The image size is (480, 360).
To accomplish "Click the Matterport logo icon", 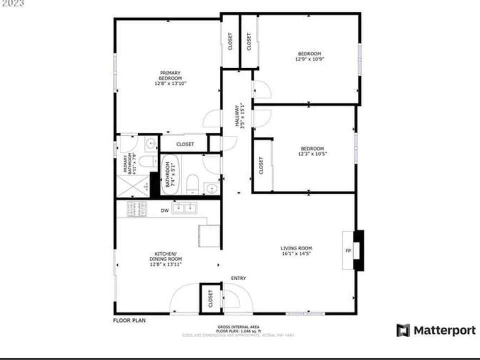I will click(x=403, y=330).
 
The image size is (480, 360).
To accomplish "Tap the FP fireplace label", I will click(x=348, y=250).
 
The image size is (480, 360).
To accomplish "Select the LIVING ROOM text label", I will click(x=296, y=248).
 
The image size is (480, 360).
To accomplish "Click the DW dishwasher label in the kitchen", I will click(x=164, y=210).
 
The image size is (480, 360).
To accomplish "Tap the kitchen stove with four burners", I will click(x=137, y=209).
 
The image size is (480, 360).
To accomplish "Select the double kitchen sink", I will click(x=184, y=207).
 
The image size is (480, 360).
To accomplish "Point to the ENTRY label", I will click(x=238, y=278).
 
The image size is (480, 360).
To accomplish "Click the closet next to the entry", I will click(x=210, y=298).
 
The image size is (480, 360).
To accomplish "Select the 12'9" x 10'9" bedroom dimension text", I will click(x=309, y=58).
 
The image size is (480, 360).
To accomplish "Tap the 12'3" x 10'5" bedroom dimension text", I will click(x=312, y=153).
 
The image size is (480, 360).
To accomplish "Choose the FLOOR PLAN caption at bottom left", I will click(x=129, y=320).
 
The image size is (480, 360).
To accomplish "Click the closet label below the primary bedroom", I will click(x=185, y=144).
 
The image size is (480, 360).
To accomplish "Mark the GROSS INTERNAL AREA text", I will click(x=238, y=326).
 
